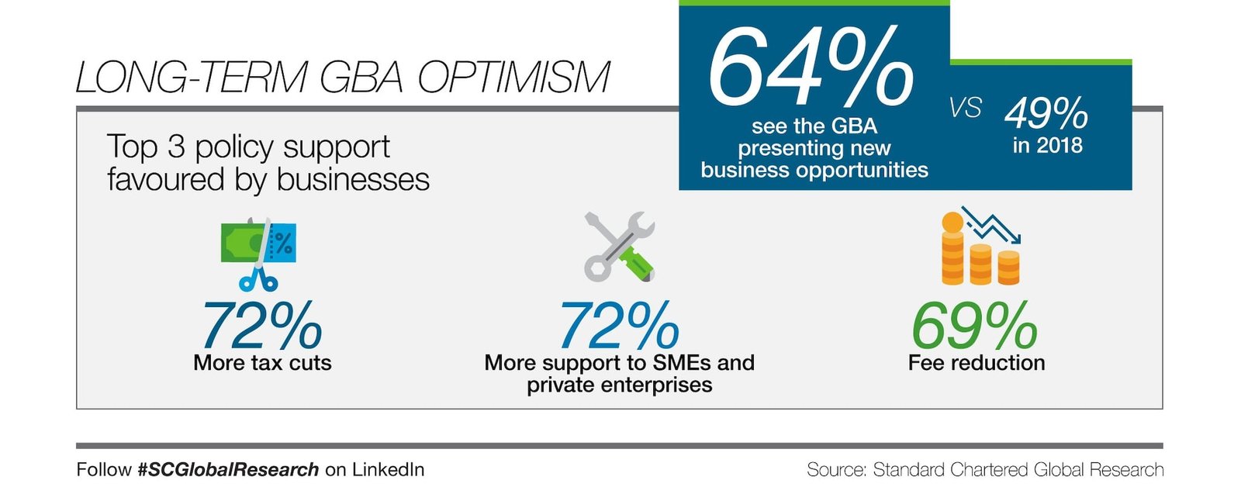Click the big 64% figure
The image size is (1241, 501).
(x=811, y=68)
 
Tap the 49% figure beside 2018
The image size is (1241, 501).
(x=1046, y=114)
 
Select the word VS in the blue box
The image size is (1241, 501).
(x=965, y=108)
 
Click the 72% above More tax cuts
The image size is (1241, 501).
(x=262, y=327)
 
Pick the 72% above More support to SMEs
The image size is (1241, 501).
(x=619, y=327)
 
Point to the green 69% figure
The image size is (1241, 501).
(x=974, y=327)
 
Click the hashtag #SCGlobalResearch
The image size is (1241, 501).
(x=228, y=469)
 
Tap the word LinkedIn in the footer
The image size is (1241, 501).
(x=388, y=469)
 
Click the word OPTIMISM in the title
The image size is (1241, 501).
(x=513, y=78)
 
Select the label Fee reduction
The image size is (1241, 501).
(x=977, y=363)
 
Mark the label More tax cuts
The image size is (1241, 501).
(x=262, y=363)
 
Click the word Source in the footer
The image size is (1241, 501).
(x=835, y=469)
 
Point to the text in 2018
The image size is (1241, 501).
(x=1047, y=145)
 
